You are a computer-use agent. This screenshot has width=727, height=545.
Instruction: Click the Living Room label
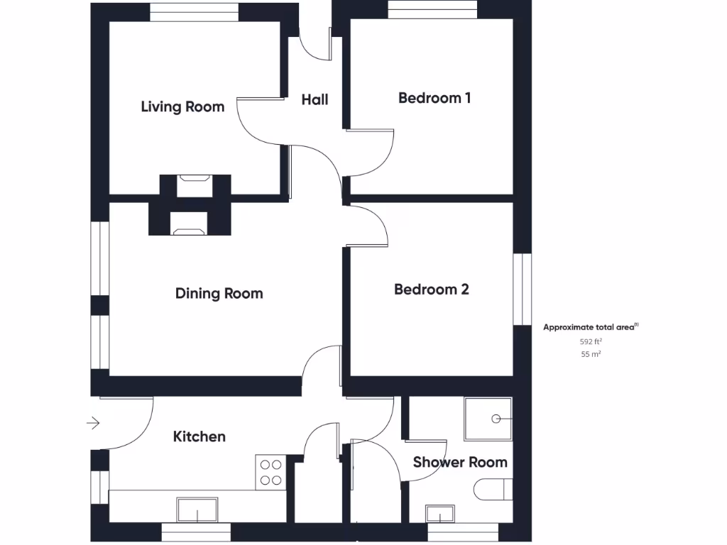click(182, 107)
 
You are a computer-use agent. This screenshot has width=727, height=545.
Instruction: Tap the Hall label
click(315, 100)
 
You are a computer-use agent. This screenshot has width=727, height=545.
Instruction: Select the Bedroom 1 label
click(434, 98)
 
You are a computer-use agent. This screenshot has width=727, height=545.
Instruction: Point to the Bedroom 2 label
click(432, 290)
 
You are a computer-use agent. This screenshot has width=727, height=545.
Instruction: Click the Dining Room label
click(219, 294)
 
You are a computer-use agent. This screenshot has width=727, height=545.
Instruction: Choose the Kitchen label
click(199, 436)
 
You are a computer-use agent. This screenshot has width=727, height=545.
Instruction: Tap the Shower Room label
click(460, 463)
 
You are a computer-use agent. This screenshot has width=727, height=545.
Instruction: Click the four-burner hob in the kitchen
click(270, 473)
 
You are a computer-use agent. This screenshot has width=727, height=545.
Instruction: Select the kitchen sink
click(197, 510)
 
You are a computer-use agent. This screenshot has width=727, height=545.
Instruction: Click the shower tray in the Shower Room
click(488, 419)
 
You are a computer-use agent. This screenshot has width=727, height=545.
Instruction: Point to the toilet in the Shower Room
click(493, 489)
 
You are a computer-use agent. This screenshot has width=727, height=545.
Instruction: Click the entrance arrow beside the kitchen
click(93, 424)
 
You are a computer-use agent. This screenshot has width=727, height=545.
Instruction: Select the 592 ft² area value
click(591, 341)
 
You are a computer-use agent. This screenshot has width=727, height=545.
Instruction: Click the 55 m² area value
click(591, 354)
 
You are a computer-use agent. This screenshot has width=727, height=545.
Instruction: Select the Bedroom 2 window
click(523, 290)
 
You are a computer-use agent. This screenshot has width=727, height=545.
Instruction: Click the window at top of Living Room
click(194, 12)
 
